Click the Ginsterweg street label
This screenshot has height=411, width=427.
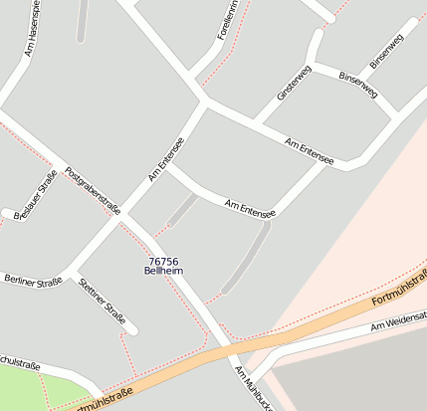pyautogui.click(x=295, y=83)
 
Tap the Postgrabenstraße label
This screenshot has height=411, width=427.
pyautogui.click(x=92, y=190)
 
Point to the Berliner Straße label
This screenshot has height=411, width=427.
pyautogui.click(x=33, y=280)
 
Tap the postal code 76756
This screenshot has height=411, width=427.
pyautogui.click(x=162, y=261)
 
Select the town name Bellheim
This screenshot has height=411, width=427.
pyautogui.click(x=163, y=271)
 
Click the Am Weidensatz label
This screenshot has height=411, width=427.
pyautogui.click(x=398, y=321)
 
